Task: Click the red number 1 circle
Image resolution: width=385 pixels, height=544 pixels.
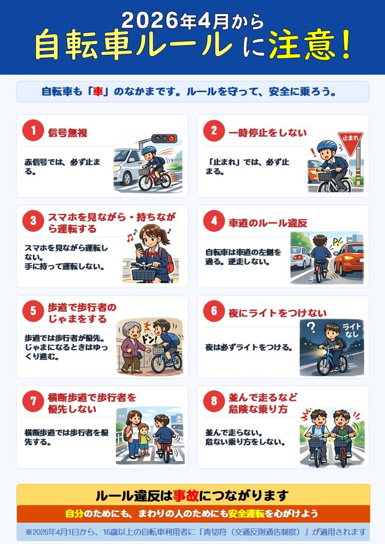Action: pyautogui.click(x=33, y=130)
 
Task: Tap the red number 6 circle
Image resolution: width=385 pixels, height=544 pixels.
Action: pyautogui.click(x=214, y=311)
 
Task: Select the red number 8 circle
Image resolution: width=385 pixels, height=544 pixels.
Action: pyautogui.click(x=214, y=401)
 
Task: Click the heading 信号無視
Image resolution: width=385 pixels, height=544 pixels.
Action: pyautogui.click(x=67, y=132)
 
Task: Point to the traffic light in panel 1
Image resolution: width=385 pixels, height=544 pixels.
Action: pyautogui.click(x=164, y=139)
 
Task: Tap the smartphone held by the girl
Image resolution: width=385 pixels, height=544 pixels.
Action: pyautogui.click(x=139, y=247)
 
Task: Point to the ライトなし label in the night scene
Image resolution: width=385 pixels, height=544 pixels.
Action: pyautogui.click(x=352, y=330)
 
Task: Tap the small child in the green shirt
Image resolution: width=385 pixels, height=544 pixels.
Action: pyautogui.click(x=144, y=439)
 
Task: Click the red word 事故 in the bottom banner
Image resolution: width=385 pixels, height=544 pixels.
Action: pyautogui.click(x=186, y=496)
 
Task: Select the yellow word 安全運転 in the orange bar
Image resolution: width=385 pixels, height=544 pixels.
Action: pyautogui.click(x=246, y=513)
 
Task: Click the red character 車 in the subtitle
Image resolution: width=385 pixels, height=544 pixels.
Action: pyautogui.click(x=98, y=92)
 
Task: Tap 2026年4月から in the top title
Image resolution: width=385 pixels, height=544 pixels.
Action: pyautogui.click(x=192, y=20)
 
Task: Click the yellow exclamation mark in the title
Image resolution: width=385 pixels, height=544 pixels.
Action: pyautogui.click(x=345, y=45)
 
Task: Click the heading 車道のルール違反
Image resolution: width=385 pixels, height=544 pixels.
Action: pyautogui.click(x=268, y=223)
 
